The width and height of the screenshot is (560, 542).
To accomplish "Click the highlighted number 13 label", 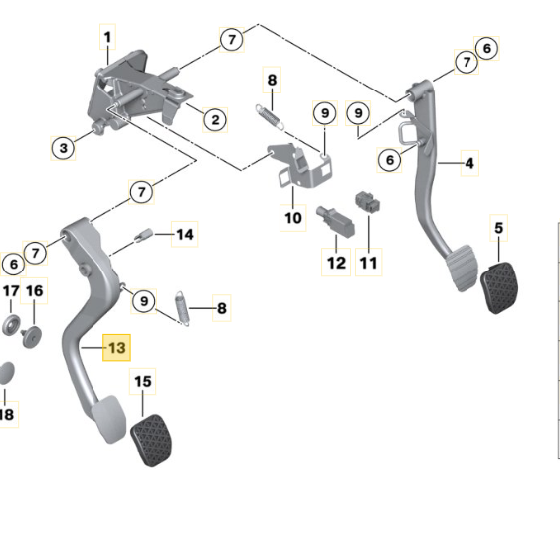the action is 116,348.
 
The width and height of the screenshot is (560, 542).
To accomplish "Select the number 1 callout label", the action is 107,37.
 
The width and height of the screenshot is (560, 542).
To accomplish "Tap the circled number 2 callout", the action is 215,120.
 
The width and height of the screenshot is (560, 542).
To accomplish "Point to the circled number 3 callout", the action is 63,148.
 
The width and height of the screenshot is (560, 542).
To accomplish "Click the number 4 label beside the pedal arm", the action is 469,163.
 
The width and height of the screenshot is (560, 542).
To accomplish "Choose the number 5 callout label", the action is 499,228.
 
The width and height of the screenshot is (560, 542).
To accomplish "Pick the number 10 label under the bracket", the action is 293,218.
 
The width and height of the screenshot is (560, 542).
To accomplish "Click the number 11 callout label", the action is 369,263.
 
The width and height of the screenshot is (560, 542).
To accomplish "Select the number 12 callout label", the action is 336,263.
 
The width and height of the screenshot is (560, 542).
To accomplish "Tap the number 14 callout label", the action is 185,235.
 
